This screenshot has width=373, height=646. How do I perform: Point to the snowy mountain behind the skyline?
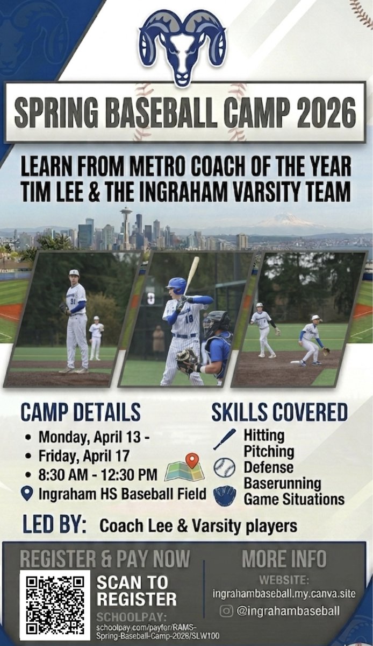pyautogui.click(x=285, y=220)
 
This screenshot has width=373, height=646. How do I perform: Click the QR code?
pyautogui.click(x=55, y=605)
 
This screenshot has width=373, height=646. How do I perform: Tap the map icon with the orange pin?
pyautogui.click(x=185, y=468)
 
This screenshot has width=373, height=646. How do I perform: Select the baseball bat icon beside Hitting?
pyautogui.click(x=224, y=439)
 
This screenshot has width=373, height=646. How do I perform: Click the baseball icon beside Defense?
pyautogui.click(x=224, y=468)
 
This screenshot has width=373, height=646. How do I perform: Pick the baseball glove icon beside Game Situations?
pyautogui.click(x=224, y=496)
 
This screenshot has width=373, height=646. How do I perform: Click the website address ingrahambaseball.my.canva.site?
pyautogui.click(x=284, y=594)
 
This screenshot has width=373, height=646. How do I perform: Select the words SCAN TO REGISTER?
pyautogui.click(x=137, y=591)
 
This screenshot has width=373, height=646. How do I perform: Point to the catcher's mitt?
pyautogui.click(x=186, y=360)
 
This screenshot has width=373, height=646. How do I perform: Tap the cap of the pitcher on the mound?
pyautogui.click(x=74, y=273)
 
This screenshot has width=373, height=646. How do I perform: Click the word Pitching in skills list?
pyautogui.click(x=269, y=451)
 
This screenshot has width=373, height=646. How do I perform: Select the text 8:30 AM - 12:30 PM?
pyautogui.click(x=98, y=474)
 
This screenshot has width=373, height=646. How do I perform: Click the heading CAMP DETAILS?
pyautogui.click(x=81, y=412)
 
